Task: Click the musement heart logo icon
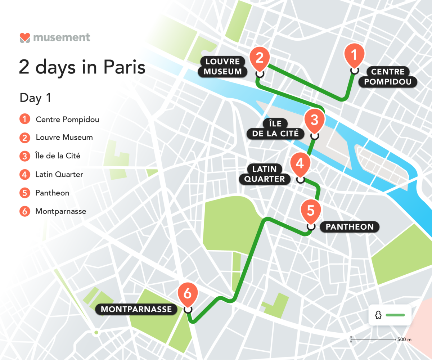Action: click(25, 37)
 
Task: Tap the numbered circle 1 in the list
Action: click(25, 119)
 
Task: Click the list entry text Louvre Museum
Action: click(64, 138)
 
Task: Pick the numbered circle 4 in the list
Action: click(25, 175)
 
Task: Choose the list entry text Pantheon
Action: click(52, 193)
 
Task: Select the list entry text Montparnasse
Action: click(61, 211)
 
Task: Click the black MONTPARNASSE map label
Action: click(136, 309)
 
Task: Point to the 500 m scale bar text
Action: click(404, 339)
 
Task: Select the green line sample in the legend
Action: click(395, 315)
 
